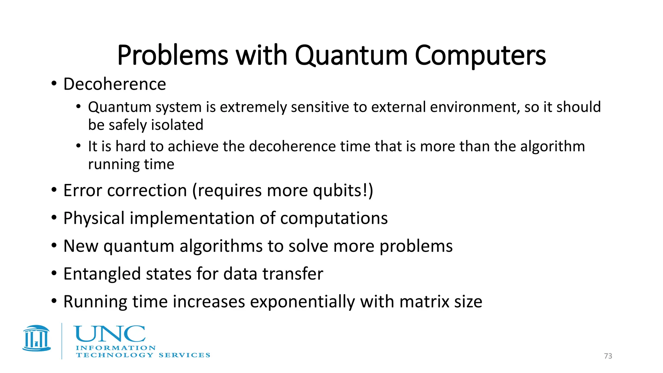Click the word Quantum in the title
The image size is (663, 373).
point(351,56)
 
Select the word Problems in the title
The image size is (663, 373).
point(173,56)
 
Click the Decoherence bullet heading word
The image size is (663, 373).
point(115,84)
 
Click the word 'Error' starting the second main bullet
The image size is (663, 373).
point(83,190)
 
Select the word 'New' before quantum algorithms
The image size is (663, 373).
point(81,246)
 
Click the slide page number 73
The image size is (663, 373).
point(608,356)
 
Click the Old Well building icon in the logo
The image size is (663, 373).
point(37,338)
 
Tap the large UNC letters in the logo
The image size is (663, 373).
point(110,334)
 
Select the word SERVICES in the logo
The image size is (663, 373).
point(184,355)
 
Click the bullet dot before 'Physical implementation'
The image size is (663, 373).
point(54,218)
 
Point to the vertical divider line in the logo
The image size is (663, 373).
point(62,341)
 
